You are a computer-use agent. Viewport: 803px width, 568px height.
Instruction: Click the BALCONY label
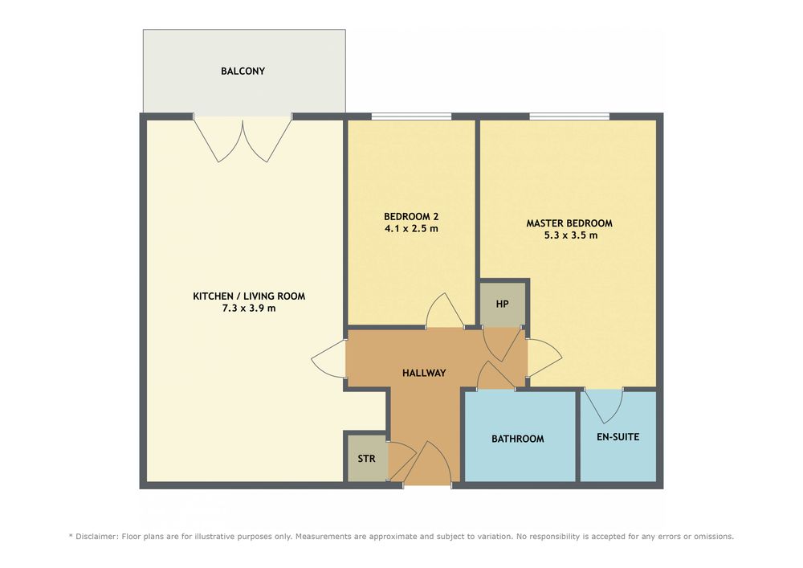[243, 72]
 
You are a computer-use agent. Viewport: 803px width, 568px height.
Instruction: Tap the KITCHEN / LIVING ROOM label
[249, 296]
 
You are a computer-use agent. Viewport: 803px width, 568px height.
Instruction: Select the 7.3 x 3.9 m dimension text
[249, 309]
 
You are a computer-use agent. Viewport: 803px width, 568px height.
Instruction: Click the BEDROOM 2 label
[411, 217]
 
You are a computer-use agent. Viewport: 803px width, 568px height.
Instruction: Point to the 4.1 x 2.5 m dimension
[411, 229]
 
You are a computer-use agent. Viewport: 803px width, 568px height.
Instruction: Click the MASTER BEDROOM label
[569, 223]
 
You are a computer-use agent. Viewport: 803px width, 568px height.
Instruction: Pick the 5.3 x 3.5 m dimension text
[570, 235]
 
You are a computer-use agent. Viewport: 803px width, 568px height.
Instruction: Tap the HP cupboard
[503, 304]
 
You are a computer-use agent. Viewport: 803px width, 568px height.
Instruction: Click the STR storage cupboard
[367, 459]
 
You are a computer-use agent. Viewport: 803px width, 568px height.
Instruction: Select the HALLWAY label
[424, 373]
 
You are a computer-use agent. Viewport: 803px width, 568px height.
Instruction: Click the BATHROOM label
[518, 439]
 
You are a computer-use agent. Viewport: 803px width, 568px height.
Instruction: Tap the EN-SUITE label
[618, 437]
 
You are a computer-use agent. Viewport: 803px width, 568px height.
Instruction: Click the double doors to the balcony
[243, 139]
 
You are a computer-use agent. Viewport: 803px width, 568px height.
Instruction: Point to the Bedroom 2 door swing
[446, 310]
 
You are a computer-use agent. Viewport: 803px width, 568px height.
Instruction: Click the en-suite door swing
[603, 406]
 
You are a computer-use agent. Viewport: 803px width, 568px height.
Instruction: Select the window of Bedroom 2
[411, 116]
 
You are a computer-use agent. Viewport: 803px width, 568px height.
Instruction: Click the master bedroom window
[569, 116]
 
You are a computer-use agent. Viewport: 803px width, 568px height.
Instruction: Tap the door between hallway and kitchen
[328, 360]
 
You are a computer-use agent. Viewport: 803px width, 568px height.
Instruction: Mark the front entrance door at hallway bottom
[428, 463]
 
